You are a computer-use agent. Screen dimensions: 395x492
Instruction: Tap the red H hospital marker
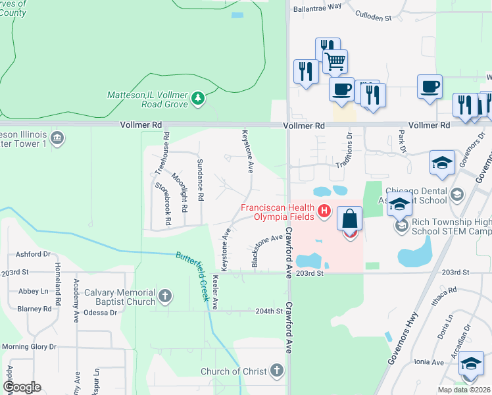click(x=324, y=211)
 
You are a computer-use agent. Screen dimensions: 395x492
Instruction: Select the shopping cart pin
click(x=335, y=62)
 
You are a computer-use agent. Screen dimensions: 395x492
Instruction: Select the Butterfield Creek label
click(x=195, y=276)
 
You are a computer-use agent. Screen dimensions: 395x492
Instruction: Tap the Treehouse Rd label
click(x=162, y=154)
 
